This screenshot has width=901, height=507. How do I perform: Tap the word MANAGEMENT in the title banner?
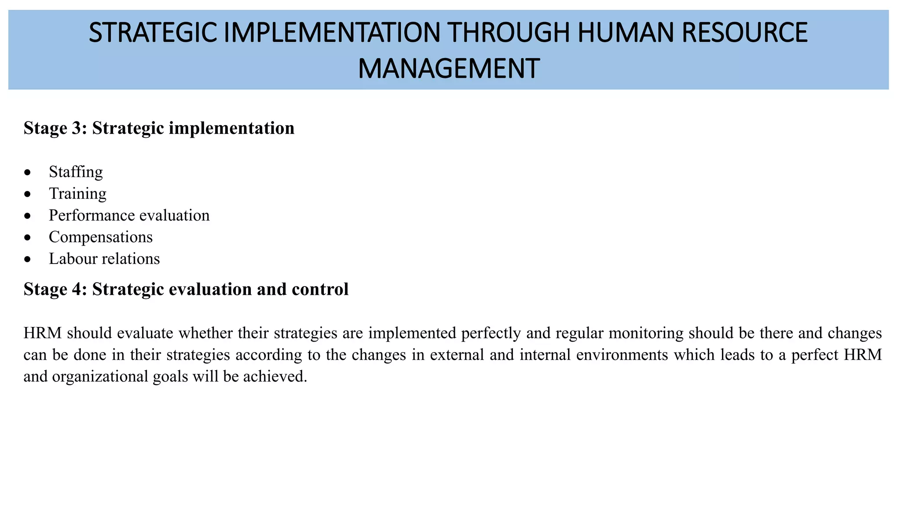click(448, 69)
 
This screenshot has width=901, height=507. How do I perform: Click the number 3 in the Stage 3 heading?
click(82, 129)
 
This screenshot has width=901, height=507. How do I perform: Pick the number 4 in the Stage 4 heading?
click(82, 289)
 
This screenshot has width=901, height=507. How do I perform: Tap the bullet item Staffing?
click(76, 172)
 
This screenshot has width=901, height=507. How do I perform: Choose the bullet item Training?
click(77, 194)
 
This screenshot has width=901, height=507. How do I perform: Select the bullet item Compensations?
click(101, 237)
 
